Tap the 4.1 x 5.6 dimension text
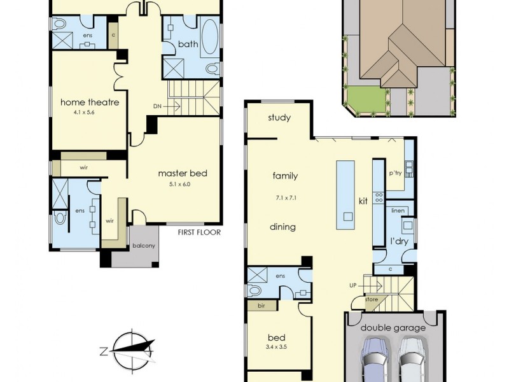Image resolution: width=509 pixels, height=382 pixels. coord(90,114)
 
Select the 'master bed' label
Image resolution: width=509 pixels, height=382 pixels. coord(183,173)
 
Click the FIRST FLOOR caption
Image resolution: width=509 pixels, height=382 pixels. coord(199,232)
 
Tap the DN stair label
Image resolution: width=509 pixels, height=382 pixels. coord(157,106)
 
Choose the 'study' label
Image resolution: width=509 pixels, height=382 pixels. coord(279,118)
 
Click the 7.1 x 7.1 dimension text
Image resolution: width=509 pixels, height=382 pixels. coord(284,198)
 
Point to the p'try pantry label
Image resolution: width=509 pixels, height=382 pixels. coord(396,173)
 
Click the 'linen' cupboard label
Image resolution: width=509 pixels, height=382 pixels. coord(398,211)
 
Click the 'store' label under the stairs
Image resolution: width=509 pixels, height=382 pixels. coord(372,299)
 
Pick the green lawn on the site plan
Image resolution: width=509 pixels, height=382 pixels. coord(366,99)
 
